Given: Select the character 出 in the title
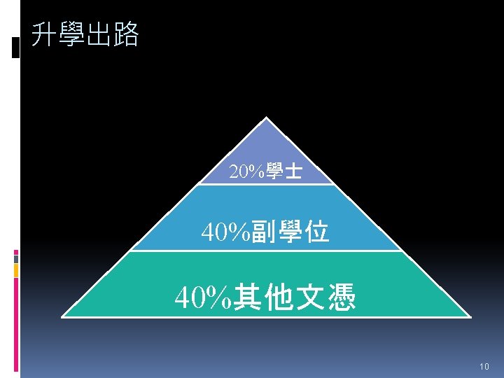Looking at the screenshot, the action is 99,34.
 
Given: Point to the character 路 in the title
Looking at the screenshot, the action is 126,34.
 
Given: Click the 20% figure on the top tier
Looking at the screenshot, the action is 244,171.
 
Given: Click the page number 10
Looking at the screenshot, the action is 484,367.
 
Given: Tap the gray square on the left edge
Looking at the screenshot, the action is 15,258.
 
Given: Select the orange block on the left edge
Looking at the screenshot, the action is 15,269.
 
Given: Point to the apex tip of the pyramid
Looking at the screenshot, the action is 265,118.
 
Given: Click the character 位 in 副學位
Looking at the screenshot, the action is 316,231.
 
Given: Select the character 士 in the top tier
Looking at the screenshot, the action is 294,171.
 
